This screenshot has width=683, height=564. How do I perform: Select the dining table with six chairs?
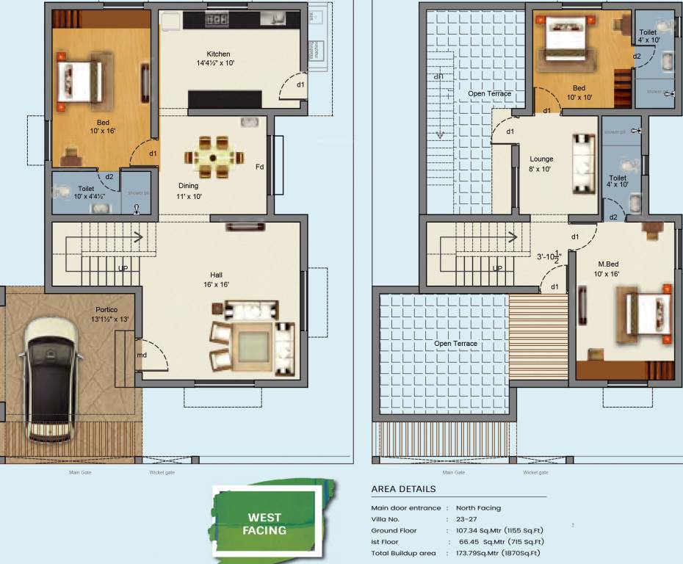coord(213,157)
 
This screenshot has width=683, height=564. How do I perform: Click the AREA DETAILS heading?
coord(403,489)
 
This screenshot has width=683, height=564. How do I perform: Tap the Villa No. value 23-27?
coord(466,519)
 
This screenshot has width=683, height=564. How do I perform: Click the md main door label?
coord(142,355)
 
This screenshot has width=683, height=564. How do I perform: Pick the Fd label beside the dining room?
coord(259,167)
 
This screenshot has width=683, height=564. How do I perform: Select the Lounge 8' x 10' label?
coord(541,164)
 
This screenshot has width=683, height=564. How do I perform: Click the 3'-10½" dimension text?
coord(549,257)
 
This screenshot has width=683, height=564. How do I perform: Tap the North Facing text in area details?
coord(478,507)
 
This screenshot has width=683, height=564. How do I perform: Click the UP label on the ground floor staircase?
coord(123,268)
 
